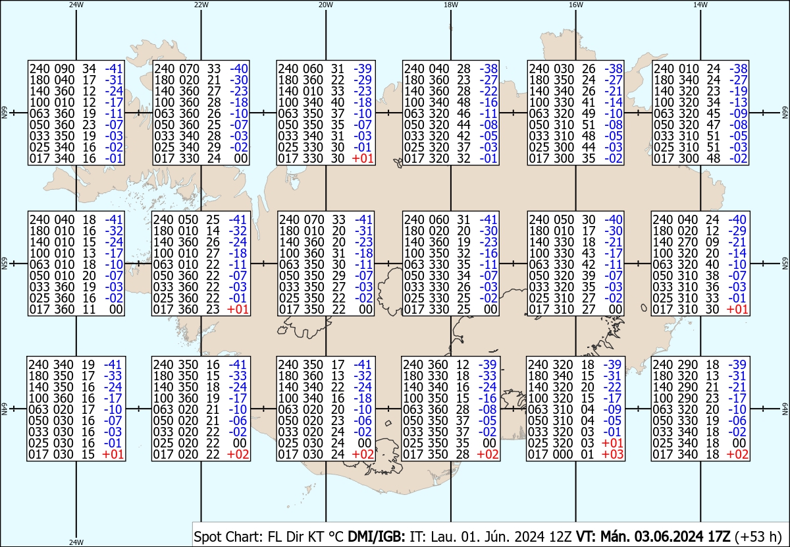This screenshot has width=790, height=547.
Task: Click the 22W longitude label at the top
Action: point(201,5)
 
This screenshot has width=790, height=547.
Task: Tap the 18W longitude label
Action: point(451,5)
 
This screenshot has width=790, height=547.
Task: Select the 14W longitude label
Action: point(700,5)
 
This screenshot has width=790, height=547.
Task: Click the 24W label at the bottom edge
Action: point(76,542)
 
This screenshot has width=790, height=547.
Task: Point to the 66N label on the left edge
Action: point(4,113)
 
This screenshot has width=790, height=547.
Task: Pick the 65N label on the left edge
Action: point(4,264)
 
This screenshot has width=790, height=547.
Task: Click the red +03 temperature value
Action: point(613,454)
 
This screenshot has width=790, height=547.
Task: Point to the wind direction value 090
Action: point(65,69)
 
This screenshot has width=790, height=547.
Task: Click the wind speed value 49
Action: point(589,113)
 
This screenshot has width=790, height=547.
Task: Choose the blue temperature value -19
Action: point(739,91)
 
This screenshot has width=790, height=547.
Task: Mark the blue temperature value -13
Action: point(739,102)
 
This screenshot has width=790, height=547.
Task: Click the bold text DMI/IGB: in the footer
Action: point(377,536)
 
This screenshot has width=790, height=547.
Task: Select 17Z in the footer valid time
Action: point(719,536)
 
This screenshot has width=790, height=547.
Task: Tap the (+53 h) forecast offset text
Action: point(758,536)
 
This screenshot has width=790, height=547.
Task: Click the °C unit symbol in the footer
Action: point(336,536)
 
